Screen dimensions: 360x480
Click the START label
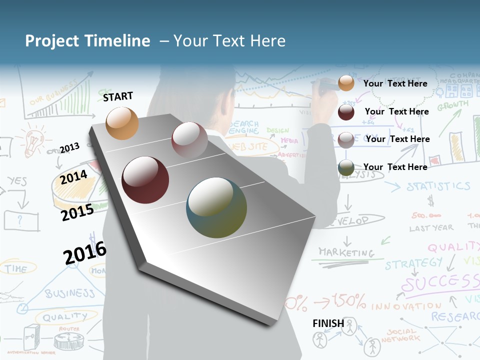coord(118,96)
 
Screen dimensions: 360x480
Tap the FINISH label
coord(328,323)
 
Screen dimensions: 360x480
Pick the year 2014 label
coord(74,177)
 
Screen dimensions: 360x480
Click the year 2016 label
coord(85,252)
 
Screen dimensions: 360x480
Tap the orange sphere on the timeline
coord(122,123)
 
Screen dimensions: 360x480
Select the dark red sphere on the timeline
coord(145,180)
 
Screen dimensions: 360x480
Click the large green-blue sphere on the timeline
coord(216,207)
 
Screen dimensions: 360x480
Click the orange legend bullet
coord(346,83)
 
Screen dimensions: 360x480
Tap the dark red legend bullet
coord(346,111)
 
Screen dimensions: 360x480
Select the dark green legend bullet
coord(346,167)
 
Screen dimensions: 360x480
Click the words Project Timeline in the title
coord(87,41)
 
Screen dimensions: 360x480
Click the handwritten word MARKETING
coord(346,252)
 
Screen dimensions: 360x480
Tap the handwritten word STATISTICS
coord(438,186)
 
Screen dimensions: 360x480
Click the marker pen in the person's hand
coord(325,89)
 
